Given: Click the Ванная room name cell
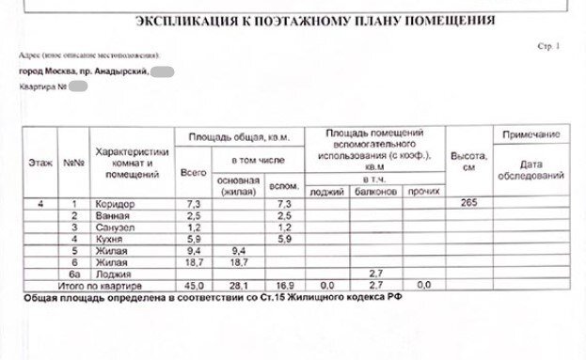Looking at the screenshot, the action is tap(115, 217).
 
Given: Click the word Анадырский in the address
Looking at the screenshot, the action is tap(114, 71).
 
